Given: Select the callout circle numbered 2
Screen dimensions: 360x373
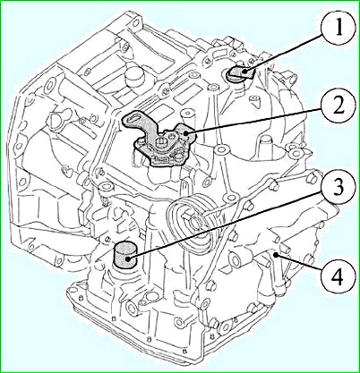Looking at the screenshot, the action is click(338, 108).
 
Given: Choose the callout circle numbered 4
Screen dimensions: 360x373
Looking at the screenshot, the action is click(338, 277).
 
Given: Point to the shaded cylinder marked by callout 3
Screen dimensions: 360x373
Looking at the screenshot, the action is click(125, 256).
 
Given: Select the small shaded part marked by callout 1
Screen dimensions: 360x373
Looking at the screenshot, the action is click(241, 73).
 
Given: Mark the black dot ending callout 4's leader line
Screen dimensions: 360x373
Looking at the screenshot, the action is click(277, 254).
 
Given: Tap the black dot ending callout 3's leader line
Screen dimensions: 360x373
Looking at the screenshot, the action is click(129, 259).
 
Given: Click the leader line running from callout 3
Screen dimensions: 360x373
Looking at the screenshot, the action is click(225, 226).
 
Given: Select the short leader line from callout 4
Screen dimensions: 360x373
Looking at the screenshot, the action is click(298, 263).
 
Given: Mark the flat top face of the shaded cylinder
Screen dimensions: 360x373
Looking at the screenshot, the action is click(125, 248).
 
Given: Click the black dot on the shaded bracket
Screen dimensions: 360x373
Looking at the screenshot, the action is click(186, 133).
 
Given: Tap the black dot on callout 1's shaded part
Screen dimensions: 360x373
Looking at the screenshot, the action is click(245, 72).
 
